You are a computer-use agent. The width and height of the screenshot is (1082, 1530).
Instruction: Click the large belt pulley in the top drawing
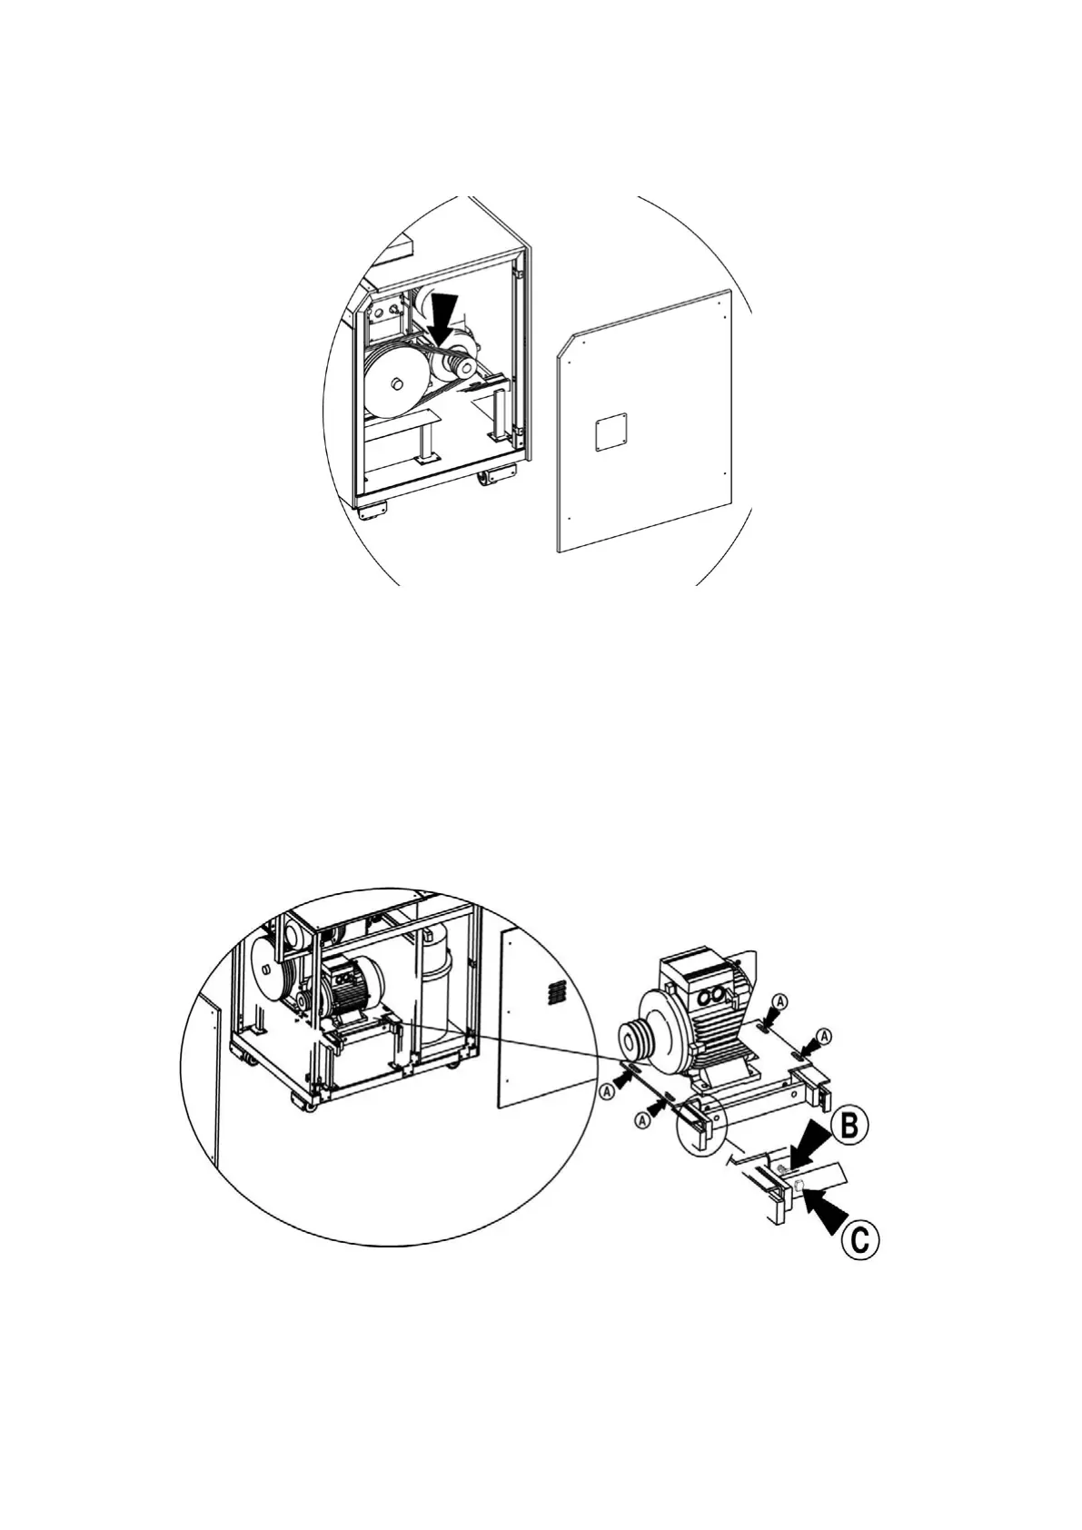396,384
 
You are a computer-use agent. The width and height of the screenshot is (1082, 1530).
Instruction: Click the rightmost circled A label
824,1036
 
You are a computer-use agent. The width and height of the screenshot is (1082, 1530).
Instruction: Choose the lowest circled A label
643,1120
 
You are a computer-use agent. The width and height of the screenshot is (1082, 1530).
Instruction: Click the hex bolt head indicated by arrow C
798,1186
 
